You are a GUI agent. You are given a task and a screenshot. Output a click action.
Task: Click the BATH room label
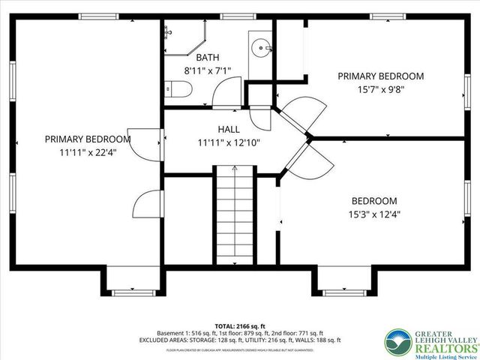pyautogui.click(x=208, y=57)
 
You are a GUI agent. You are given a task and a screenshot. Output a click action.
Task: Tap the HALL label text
pyautogui.click(x=229, y=129)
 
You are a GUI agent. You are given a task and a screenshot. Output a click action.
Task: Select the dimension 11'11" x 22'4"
pyautogui.click(x=87, y=152)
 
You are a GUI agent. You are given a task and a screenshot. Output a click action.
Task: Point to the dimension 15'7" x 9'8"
pyautogui.click(x=380, y=89)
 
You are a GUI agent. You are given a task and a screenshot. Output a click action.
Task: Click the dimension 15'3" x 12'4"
pyautogui.click(x=374, y=214)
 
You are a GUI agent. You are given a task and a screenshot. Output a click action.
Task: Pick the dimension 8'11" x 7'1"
pyautogui.click(x=208, y=70)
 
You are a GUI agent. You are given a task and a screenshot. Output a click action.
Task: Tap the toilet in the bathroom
pyautogui.click(x=180, y=89)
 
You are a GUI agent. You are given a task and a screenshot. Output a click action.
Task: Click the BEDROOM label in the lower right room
pyautogui.click(x=374, y=201)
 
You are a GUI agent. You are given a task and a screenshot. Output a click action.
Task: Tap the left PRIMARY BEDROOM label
pyautogui.click(x=87, y=139)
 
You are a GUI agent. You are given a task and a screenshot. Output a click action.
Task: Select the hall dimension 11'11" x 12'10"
pyautogui.click(x=229, y=142)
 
